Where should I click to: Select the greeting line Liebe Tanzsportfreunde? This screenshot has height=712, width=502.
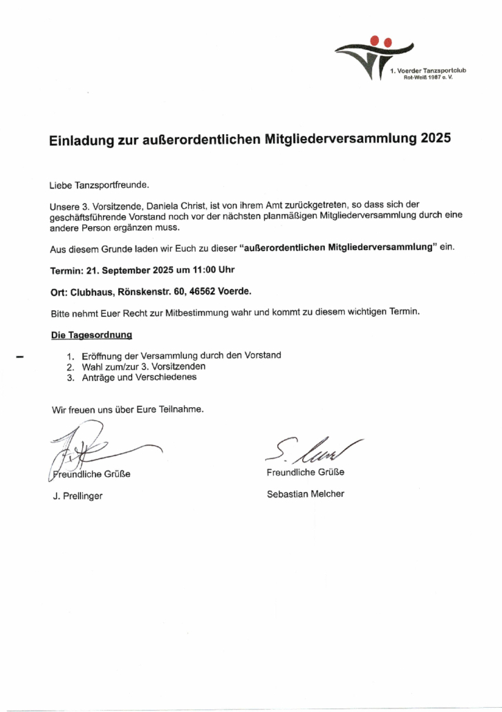tap(99, 186)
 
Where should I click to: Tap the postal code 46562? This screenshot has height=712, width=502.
tap(205, 292)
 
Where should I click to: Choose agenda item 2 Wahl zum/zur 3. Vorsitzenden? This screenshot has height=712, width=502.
tap(143, 366)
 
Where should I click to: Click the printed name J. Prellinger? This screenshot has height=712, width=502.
tap(78, 496)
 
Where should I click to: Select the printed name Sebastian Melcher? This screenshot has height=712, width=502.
tap(305, 494)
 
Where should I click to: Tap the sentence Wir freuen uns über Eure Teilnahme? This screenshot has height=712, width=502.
tap(128, 409)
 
